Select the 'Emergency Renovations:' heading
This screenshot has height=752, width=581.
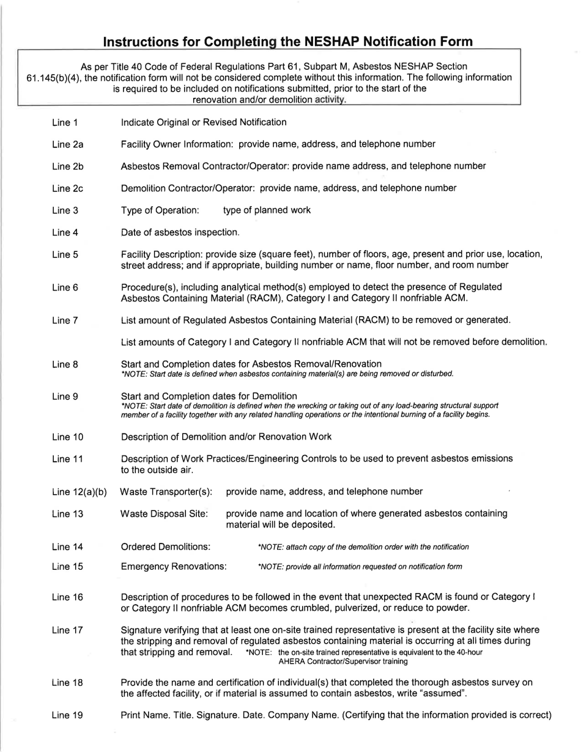[x=174, y=567]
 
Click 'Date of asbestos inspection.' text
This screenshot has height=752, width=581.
[x=180, y=232]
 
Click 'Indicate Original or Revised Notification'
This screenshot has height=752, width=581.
[x=204, y=122]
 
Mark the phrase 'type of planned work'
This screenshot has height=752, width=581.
[x=267, y=210]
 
